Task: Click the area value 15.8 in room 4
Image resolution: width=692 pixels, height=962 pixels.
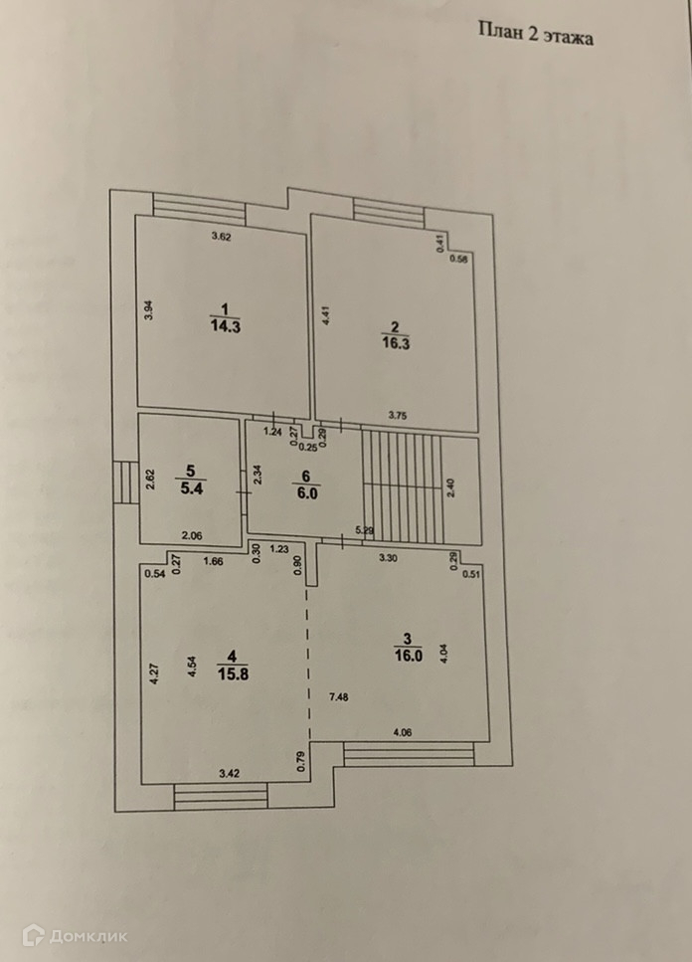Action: point(232,672)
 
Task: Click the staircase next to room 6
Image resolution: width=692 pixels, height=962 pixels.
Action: point(403,487)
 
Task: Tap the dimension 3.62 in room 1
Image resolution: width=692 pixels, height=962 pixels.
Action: point(221,237)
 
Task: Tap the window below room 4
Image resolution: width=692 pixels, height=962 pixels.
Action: point(221,795)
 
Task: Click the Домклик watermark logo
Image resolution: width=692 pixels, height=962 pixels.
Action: point(75,935)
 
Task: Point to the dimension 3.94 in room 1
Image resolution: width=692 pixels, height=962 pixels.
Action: point(148,308)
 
